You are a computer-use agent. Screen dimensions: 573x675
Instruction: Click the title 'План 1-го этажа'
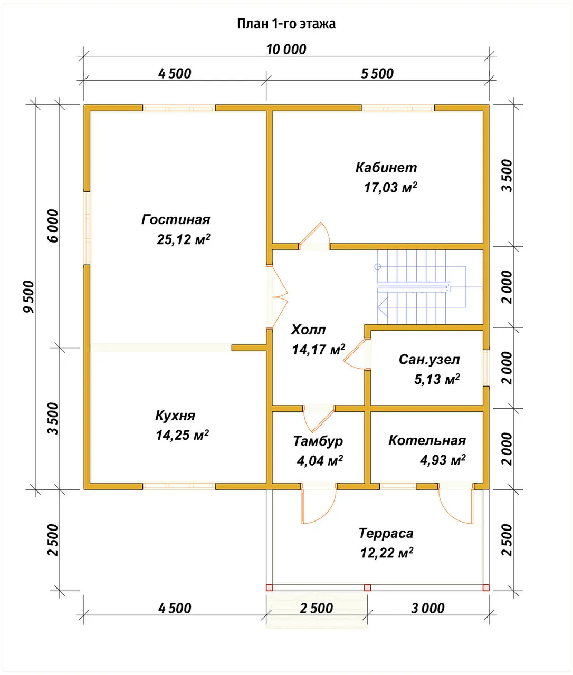pyautogui.click(x=286, y=24)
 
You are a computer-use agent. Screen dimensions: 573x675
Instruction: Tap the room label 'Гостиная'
pyautogui.click(x=176, y=219)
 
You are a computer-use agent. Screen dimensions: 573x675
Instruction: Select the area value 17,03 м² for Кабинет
pyautogui.click(x=390, y=187)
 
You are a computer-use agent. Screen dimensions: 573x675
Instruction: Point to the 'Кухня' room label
pyautogui.click(x=175, y=416)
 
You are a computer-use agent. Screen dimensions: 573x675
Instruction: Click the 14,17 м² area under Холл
pyautogui.click(x=318, y=350)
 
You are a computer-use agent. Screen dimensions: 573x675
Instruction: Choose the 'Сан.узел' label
pyautogui.click(x=429, y=360)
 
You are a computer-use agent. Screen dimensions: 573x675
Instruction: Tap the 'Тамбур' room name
pyautogui.click(x=318, y=441)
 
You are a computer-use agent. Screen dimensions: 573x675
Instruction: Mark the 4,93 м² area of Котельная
pyautogui.click(x=443, y=460)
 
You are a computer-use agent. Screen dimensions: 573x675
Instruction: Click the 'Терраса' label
pyautogui.click(x=386, y=533)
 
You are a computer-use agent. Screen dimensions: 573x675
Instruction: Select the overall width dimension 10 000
pyautogui.click(x=286, y=50)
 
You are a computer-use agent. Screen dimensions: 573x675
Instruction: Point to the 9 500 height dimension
pyautogui.click(x=28, y=296)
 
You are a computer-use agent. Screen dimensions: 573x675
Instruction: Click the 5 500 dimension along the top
pyautogui.click(x=377, y=74)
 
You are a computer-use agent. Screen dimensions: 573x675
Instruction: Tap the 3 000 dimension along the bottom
pyautogui.click(x=427, y=608)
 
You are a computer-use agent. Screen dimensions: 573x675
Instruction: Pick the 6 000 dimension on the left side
pyautogui.click(x=53, y=226)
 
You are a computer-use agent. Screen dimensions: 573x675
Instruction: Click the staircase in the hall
pyautogui.click(x=430, y=287)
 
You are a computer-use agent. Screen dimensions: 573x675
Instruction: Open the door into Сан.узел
pyautogui.click(x=357, y=354)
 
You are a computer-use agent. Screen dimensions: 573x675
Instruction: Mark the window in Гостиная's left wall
pyautogui.click(x=87, y=228)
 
